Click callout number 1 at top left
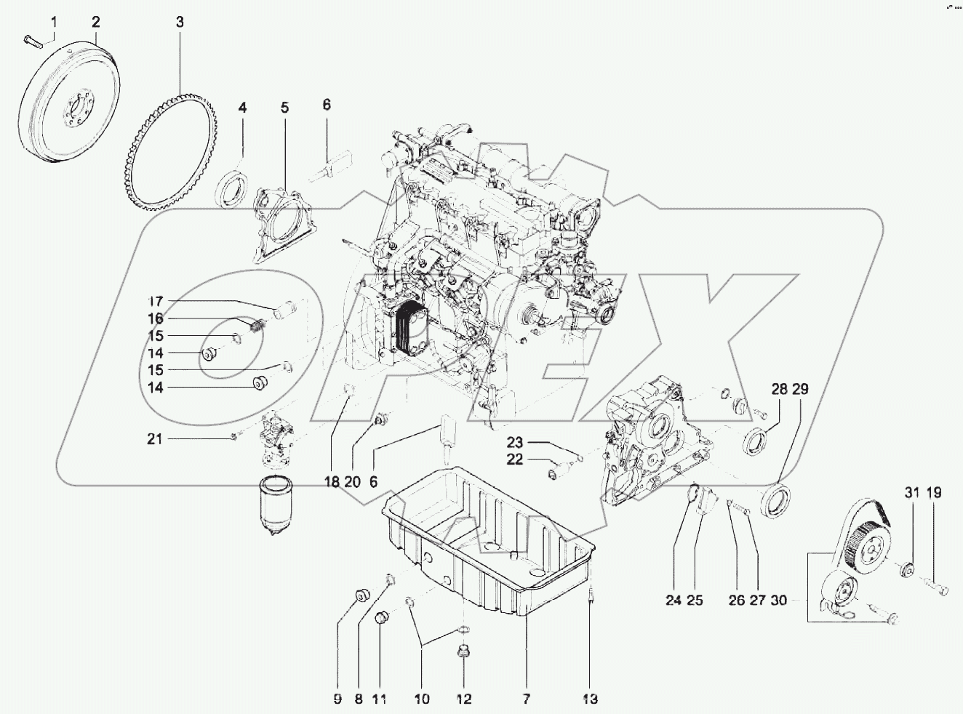[x=52, y=22]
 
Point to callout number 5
[x=284, y=108]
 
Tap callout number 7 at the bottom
[x=525, y=699]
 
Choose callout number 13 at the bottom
[x=590, y=699]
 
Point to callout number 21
[x=155, y=439]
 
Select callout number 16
[x=156, y=318]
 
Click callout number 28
[x=779, y=390]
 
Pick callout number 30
[x=778, y=601]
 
